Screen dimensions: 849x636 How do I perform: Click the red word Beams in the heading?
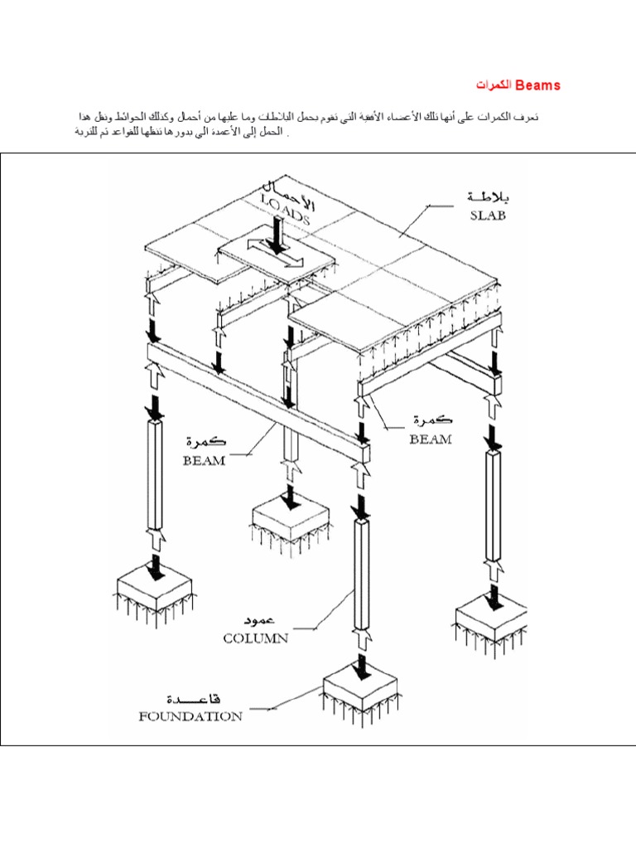(538, 85)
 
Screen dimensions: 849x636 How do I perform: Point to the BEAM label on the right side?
(431, 439)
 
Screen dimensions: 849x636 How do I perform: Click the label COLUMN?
(255, 638)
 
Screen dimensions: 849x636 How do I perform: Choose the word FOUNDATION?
(190, 716)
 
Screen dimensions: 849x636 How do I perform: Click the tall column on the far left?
(154, 473)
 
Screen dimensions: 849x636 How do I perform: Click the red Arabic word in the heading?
(494, 85)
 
